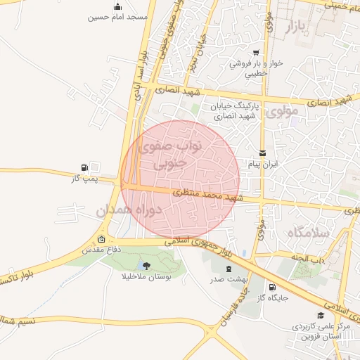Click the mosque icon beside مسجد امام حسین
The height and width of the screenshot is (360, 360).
pyautogui.click(x=116, y=5)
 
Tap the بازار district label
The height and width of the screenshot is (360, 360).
pyautogui.click(x=298, y=28)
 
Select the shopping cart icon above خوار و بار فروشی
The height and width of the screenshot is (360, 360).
pyautogui.click(x=256, y=53)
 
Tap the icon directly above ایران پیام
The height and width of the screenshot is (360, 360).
pyautogui.click(x=262, y=153)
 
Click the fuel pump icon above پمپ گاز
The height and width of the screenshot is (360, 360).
pyautogui.click(x=85, y=167)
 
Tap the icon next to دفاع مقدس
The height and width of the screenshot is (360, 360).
pyautogui.click(x=103, y=238)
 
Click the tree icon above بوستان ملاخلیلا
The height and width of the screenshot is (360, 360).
pyautogui.click(x=146, y=265)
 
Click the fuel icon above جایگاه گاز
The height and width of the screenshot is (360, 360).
pyautogui.click(x=271, y=287)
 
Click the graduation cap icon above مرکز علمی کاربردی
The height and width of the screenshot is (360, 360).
pyautogui.click(x=321, y=316)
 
